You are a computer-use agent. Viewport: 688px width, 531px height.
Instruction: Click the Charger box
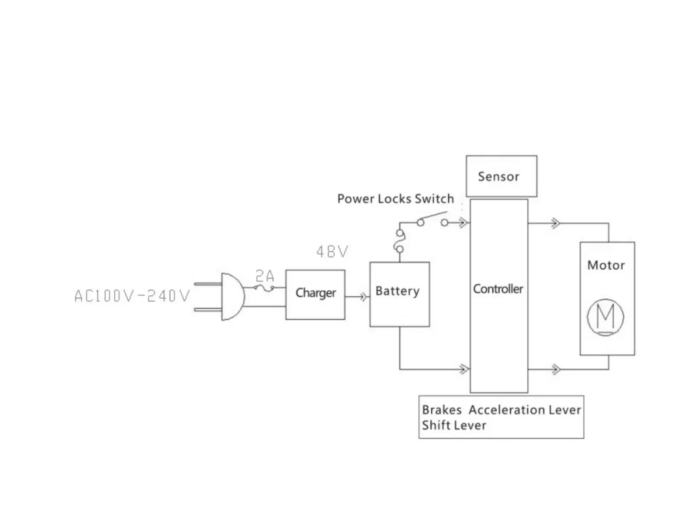tap(315, 294)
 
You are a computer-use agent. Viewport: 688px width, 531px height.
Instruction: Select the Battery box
tap(399, 294)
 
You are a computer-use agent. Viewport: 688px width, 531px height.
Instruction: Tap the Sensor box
tap(501, 176)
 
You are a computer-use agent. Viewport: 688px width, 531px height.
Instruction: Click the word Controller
tap(498, 289)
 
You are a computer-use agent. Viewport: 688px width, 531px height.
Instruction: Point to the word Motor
tap(606, 265)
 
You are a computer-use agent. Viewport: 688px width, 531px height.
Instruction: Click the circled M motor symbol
tap(605, 316)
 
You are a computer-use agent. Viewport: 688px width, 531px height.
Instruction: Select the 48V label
tap(332, 252)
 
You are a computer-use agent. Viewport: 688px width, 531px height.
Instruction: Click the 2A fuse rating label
tap(265, 275)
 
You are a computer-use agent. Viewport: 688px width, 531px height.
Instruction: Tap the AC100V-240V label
tap(132, 296)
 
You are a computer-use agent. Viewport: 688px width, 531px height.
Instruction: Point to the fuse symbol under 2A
tap(264, 287)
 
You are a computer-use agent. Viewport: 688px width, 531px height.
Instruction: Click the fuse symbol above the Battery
tap(399, 241)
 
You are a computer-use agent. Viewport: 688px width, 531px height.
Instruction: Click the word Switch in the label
tap(434, 199)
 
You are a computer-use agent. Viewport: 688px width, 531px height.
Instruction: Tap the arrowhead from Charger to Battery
tap(363, 297)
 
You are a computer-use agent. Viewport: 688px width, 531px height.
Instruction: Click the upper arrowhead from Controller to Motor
tap(555, 223)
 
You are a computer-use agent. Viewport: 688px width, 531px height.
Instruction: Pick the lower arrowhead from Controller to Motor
tap(555, 370)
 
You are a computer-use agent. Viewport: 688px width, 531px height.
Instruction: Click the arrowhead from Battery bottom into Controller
tap(464, 370)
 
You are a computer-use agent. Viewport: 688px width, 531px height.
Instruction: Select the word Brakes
tap(441, 410)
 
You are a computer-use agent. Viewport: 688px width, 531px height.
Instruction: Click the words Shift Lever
tap(454, 425)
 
